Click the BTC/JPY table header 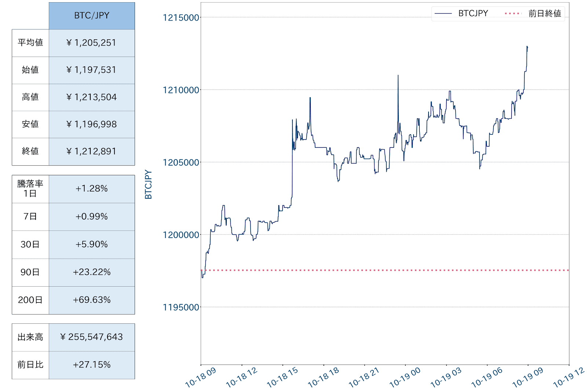tap(92, 16)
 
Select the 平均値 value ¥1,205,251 tap(92, 43)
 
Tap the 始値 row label tap(30, 70)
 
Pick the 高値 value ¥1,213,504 tap(92, 97)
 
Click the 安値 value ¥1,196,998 tap(92, 125)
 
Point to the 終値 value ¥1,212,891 tap(92, 151)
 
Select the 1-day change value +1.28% tap(92, 189)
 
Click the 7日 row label tap(30, 217)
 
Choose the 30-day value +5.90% tap(92, 245)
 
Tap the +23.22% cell tap(92, 272)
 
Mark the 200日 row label tap(30, 300)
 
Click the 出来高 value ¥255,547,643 tap(92, 337)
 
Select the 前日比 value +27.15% tap(92, 365)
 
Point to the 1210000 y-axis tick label tap(181, 90)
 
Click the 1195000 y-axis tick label tap(181, 308)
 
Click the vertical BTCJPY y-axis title tap(149, 184)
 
